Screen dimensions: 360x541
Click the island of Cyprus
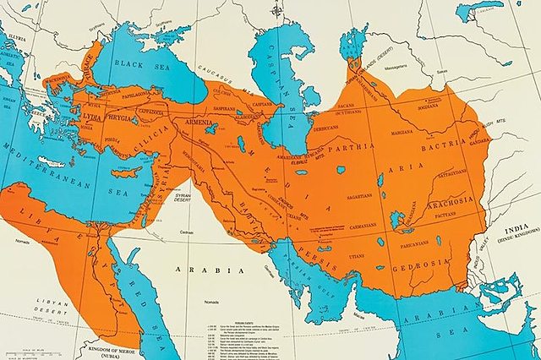click(127, 172)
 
